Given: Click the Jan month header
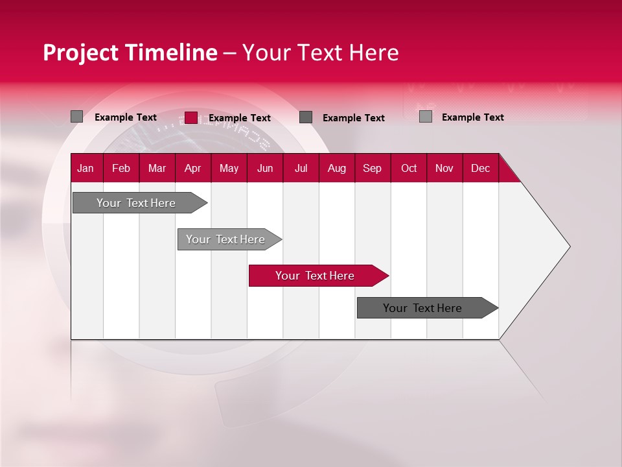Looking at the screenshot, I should pyautogui.click(x=86, y=168).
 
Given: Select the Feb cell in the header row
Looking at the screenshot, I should pyautogui.click(x=121, y=168).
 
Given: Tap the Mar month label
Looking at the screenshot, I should pyautogui.click(x=157, y=168).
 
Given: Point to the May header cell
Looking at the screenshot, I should pyautogui.click(x=229, y=168).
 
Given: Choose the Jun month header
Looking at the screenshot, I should pyautogui.click(x=265, y=168).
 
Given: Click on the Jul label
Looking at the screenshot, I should pyautogui.click(x=301, y=168).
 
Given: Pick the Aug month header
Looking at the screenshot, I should pyautogui.click(x=337, y=168).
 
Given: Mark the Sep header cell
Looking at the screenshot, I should pyautogui.click(x=373, y=168).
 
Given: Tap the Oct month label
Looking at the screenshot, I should pyautogui.click(x=409, y=168).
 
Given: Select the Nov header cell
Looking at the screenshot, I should pyautogui.click(x=444, y=168).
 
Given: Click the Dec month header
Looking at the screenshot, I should pyautogui.click(x=481, y=168).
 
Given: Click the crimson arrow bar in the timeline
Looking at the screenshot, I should pyautogui.click(x=316, y=276).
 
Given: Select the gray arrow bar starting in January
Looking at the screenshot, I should pyautogui.click(x=137, y=203).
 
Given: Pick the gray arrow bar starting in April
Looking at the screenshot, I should pyautogui.click(x=226, y=239).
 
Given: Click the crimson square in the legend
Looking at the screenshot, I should pyautogui.click(x=190, y=117).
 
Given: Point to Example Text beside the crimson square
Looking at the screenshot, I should pyautogui.click(x=240, y=118).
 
